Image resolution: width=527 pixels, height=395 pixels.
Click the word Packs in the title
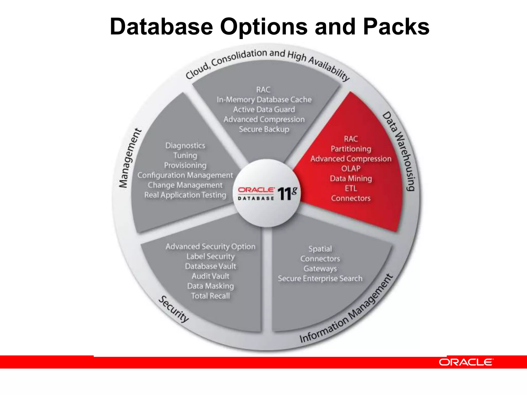(x=396, y=27)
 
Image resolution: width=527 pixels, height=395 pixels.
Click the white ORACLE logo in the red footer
(x=466, y=362)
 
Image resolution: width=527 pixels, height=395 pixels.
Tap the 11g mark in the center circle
(x=287, y=193)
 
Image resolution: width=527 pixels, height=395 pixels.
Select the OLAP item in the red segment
(x=351, y=169)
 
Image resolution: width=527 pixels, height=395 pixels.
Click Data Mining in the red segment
(x=351, y=178)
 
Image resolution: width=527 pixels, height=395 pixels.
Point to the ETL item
(x=351, y=188)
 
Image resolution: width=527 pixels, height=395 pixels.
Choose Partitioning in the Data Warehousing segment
(x=351, y=149)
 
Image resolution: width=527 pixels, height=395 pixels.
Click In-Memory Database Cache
(x=264, y=100)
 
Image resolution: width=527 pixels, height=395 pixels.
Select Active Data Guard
(x=264, y=110)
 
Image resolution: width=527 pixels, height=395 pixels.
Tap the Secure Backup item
(x=264, y=129)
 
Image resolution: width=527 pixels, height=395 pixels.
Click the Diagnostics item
(x=185, y=146)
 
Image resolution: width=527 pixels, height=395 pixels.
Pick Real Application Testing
(x=185, y=195)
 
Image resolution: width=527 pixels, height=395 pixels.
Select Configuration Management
(x=185, y=175)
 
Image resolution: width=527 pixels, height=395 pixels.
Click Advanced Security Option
(x=210, y=246)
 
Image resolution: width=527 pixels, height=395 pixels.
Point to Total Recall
(x=210, y=296)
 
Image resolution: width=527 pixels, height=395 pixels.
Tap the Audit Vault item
(x=210, y=276)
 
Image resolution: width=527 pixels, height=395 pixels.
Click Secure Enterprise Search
(x=320, y=279)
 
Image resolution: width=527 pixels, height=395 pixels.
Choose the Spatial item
(x=320, y=249)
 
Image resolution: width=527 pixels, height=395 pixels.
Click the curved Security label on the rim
(x=173, y=309)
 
